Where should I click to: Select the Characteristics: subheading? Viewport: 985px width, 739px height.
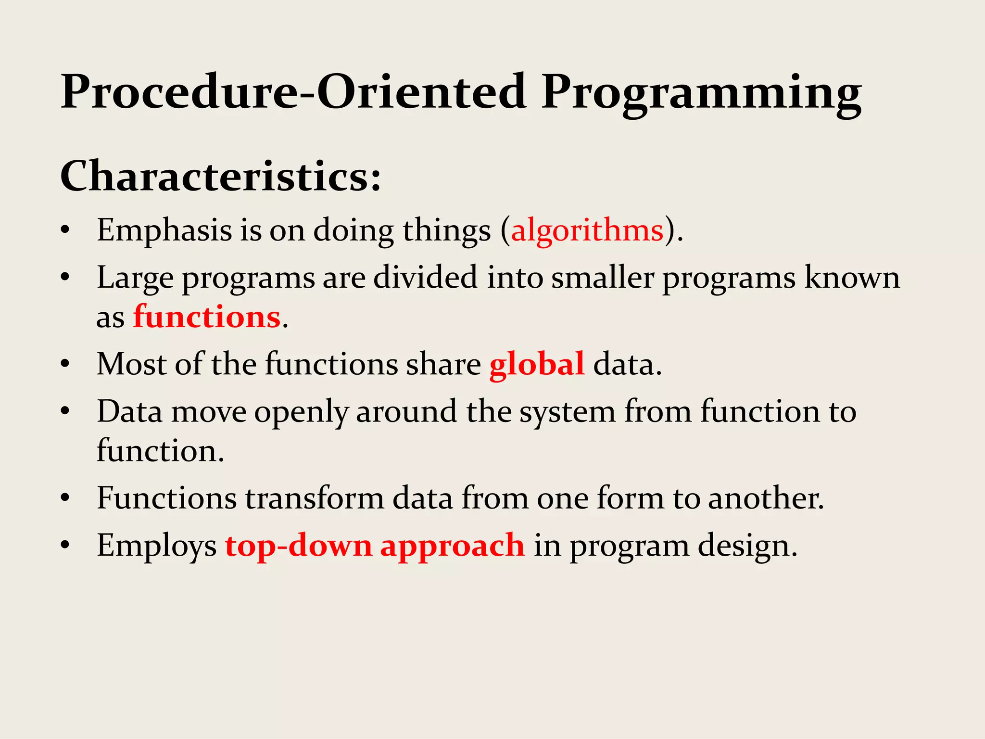(220, 176)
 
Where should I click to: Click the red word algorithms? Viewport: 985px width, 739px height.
(587, 230)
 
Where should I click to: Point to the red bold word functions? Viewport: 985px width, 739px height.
(207, 317)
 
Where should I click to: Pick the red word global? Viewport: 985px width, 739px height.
(537, 364)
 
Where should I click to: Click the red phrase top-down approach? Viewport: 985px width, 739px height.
(375, 546)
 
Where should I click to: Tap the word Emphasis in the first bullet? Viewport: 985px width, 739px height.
(164, 230)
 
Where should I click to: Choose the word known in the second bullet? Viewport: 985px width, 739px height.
(852, 278)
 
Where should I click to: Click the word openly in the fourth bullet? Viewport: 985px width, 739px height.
(301, 413)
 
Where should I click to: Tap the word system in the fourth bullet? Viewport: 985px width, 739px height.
(567, 413)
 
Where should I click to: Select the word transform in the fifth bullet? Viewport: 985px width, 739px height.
(315, 498)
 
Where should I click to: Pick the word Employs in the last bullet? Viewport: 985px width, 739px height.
(157, 546)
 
